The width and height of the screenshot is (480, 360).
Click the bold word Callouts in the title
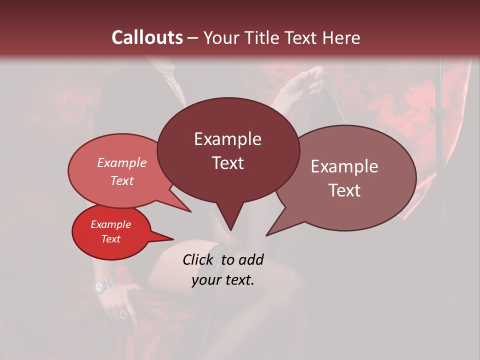pos(147,37)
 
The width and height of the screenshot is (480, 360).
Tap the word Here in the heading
pos(341,37)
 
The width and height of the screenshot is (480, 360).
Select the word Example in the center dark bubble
pos(227,139)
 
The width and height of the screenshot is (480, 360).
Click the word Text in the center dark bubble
pos(227,163)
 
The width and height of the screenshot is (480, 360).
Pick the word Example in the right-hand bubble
pos(344,166)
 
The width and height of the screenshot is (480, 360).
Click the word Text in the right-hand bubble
pos(344,190)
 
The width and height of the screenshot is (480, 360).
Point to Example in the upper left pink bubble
pos(121,162)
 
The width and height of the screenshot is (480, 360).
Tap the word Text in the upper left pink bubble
pos(121,180)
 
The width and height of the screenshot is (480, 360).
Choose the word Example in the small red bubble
pos(110,224)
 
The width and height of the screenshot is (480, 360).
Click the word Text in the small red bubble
pos(110,239)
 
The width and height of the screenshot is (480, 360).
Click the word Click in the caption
pos(199,259)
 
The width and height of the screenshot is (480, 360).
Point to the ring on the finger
pos(123,314)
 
